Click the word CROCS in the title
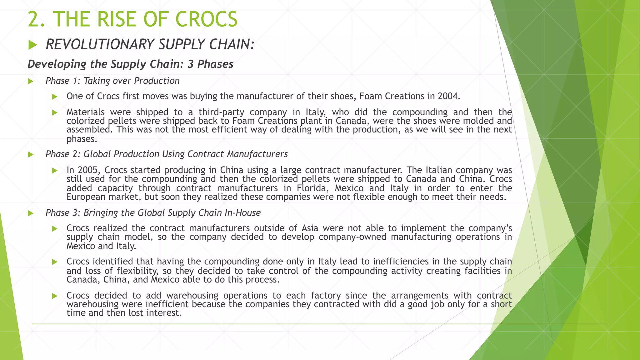207,19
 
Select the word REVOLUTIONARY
100,44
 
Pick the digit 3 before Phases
190,64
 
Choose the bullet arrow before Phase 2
31,154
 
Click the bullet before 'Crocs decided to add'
55,296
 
